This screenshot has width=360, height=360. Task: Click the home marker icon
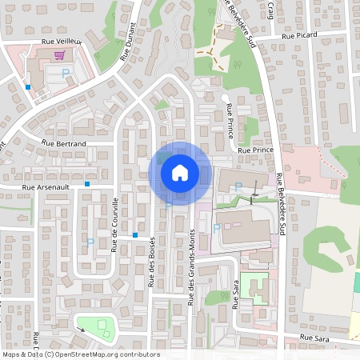point(180,172)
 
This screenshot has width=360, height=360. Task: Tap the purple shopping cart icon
point(59,55)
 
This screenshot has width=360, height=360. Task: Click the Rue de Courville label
point(115,225)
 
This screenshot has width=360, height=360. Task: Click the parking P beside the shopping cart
point(66,72)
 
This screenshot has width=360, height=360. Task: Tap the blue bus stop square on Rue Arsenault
point(87,184)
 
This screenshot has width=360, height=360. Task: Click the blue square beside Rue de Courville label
point(136,235)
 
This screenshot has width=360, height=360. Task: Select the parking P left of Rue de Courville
point(90,242)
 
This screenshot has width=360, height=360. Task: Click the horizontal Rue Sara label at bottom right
point(315,339)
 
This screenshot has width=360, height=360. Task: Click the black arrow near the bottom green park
point(82,327)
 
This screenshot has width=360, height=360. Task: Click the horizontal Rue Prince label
point(256,150)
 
